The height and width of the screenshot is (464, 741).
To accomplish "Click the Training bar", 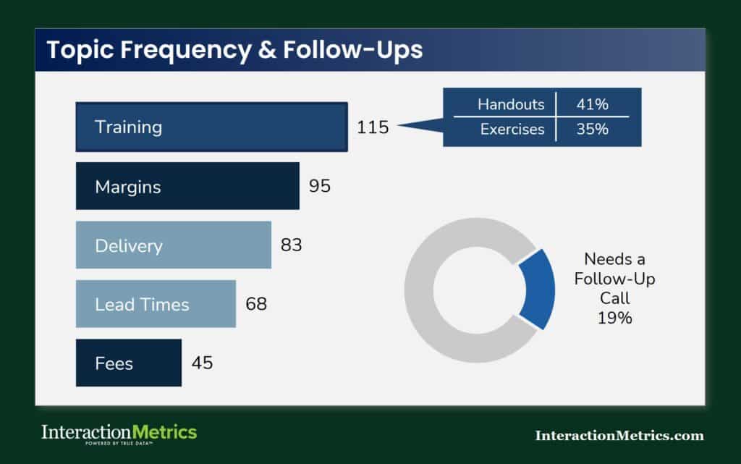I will pyautogui.click(x=211, y=127).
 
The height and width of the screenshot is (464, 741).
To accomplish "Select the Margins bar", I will pyautogui.click(x=187, y=186).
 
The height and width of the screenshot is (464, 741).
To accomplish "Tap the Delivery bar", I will pyautogui.click(x=174, y=245).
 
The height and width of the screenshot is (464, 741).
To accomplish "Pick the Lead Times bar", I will pyautogui.click(x=156, y=304).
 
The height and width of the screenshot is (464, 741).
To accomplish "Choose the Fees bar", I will pyautogui.click(x=129, y=363).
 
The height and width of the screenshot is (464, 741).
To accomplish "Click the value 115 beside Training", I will pyautogui.click(x=373, y=127).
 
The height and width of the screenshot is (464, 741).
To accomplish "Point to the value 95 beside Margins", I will pyautogui.click(x=319, y=186).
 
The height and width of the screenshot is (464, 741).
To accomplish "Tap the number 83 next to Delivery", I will pyautogui.click(x=291, y=245).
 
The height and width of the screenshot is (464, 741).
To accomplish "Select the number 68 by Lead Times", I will pyautogui.click(x=256, y=304).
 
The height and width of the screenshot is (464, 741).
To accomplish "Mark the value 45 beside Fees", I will pyautogui.click(x=202, y=363).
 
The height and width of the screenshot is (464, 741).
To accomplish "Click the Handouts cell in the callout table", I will pyautogui.click(x=511, y=104).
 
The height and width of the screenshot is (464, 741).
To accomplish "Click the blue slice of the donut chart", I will pyautogui.click(x=537, y=288).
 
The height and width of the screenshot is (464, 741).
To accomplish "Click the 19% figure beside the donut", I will pyautogui.click(x=614, y=317).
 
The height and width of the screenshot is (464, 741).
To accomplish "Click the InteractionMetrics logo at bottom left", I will pyautogui.click(x=119, y=433).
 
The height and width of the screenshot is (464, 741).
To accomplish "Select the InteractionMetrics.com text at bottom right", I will pyautogui.click(x=619, y=435).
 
